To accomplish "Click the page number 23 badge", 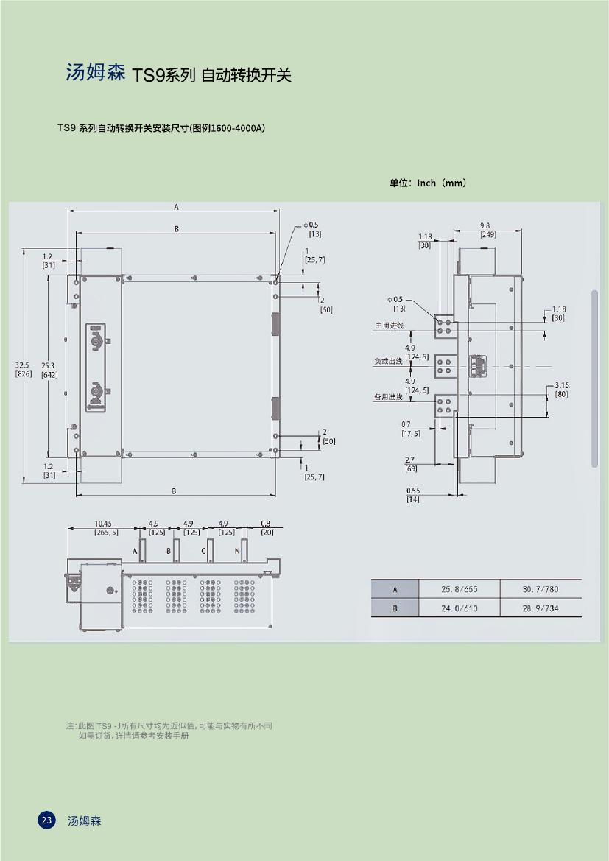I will click(x=46, y=820).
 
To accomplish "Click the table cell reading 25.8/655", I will click(x=459, y=589).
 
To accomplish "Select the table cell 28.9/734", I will click(x=541, y=608).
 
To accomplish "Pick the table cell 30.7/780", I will click(x=541, y=589).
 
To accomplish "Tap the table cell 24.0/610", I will click(x=459, y=608).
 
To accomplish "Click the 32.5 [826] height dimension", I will click(x=23, y=369).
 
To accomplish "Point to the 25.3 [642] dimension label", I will click(x=49, y=369).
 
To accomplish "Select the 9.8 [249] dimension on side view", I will click(x=487, y=230).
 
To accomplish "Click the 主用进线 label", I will click(x=389, y=325).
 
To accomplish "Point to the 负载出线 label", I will click(x=389, y=361).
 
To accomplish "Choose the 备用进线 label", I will click(x=389, y=397).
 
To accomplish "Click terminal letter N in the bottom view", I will click(x=237, y=551).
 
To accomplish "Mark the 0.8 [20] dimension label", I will click(x=266, y=527).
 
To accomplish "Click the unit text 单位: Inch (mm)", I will click(x=428, y=183).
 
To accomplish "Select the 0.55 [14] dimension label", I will click(x=413, y=495).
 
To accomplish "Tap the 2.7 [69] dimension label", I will click(x=410, y=464).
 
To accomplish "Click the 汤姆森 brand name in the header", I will click(x=96, y=73).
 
